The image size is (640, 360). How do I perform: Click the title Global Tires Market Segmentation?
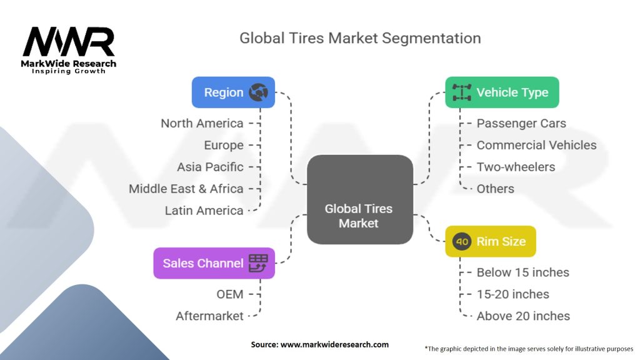point(360,38)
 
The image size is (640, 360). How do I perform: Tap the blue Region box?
point(232,92)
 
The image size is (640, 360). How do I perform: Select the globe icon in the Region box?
point(257,92)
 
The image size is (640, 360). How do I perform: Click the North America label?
point(201,123)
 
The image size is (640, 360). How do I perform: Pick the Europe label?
point(223,145)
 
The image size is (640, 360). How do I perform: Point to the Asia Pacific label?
point(209,167)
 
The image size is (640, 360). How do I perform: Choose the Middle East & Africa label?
point(186,188)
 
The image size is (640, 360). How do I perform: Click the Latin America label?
point(204,210)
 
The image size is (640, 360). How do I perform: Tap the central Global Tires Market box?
point(359,200)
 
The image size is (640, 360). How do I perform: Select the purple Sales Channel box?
point(214,263)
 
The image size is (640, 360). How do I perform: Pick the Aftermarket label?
point(209,316)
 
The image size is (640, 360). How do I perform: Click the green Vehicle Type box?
point(502,92)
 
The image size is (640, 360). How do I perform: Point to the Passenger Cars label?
point(521,123)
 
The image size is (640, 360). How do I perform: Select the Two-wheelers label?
point(516,167)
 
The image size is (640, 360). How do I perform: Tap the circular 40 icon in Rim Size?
point(462,241)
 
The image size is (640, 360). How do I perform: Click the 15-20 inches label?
point(512,294)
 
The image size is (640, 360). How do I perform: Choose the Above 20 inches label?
point(522,316)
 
